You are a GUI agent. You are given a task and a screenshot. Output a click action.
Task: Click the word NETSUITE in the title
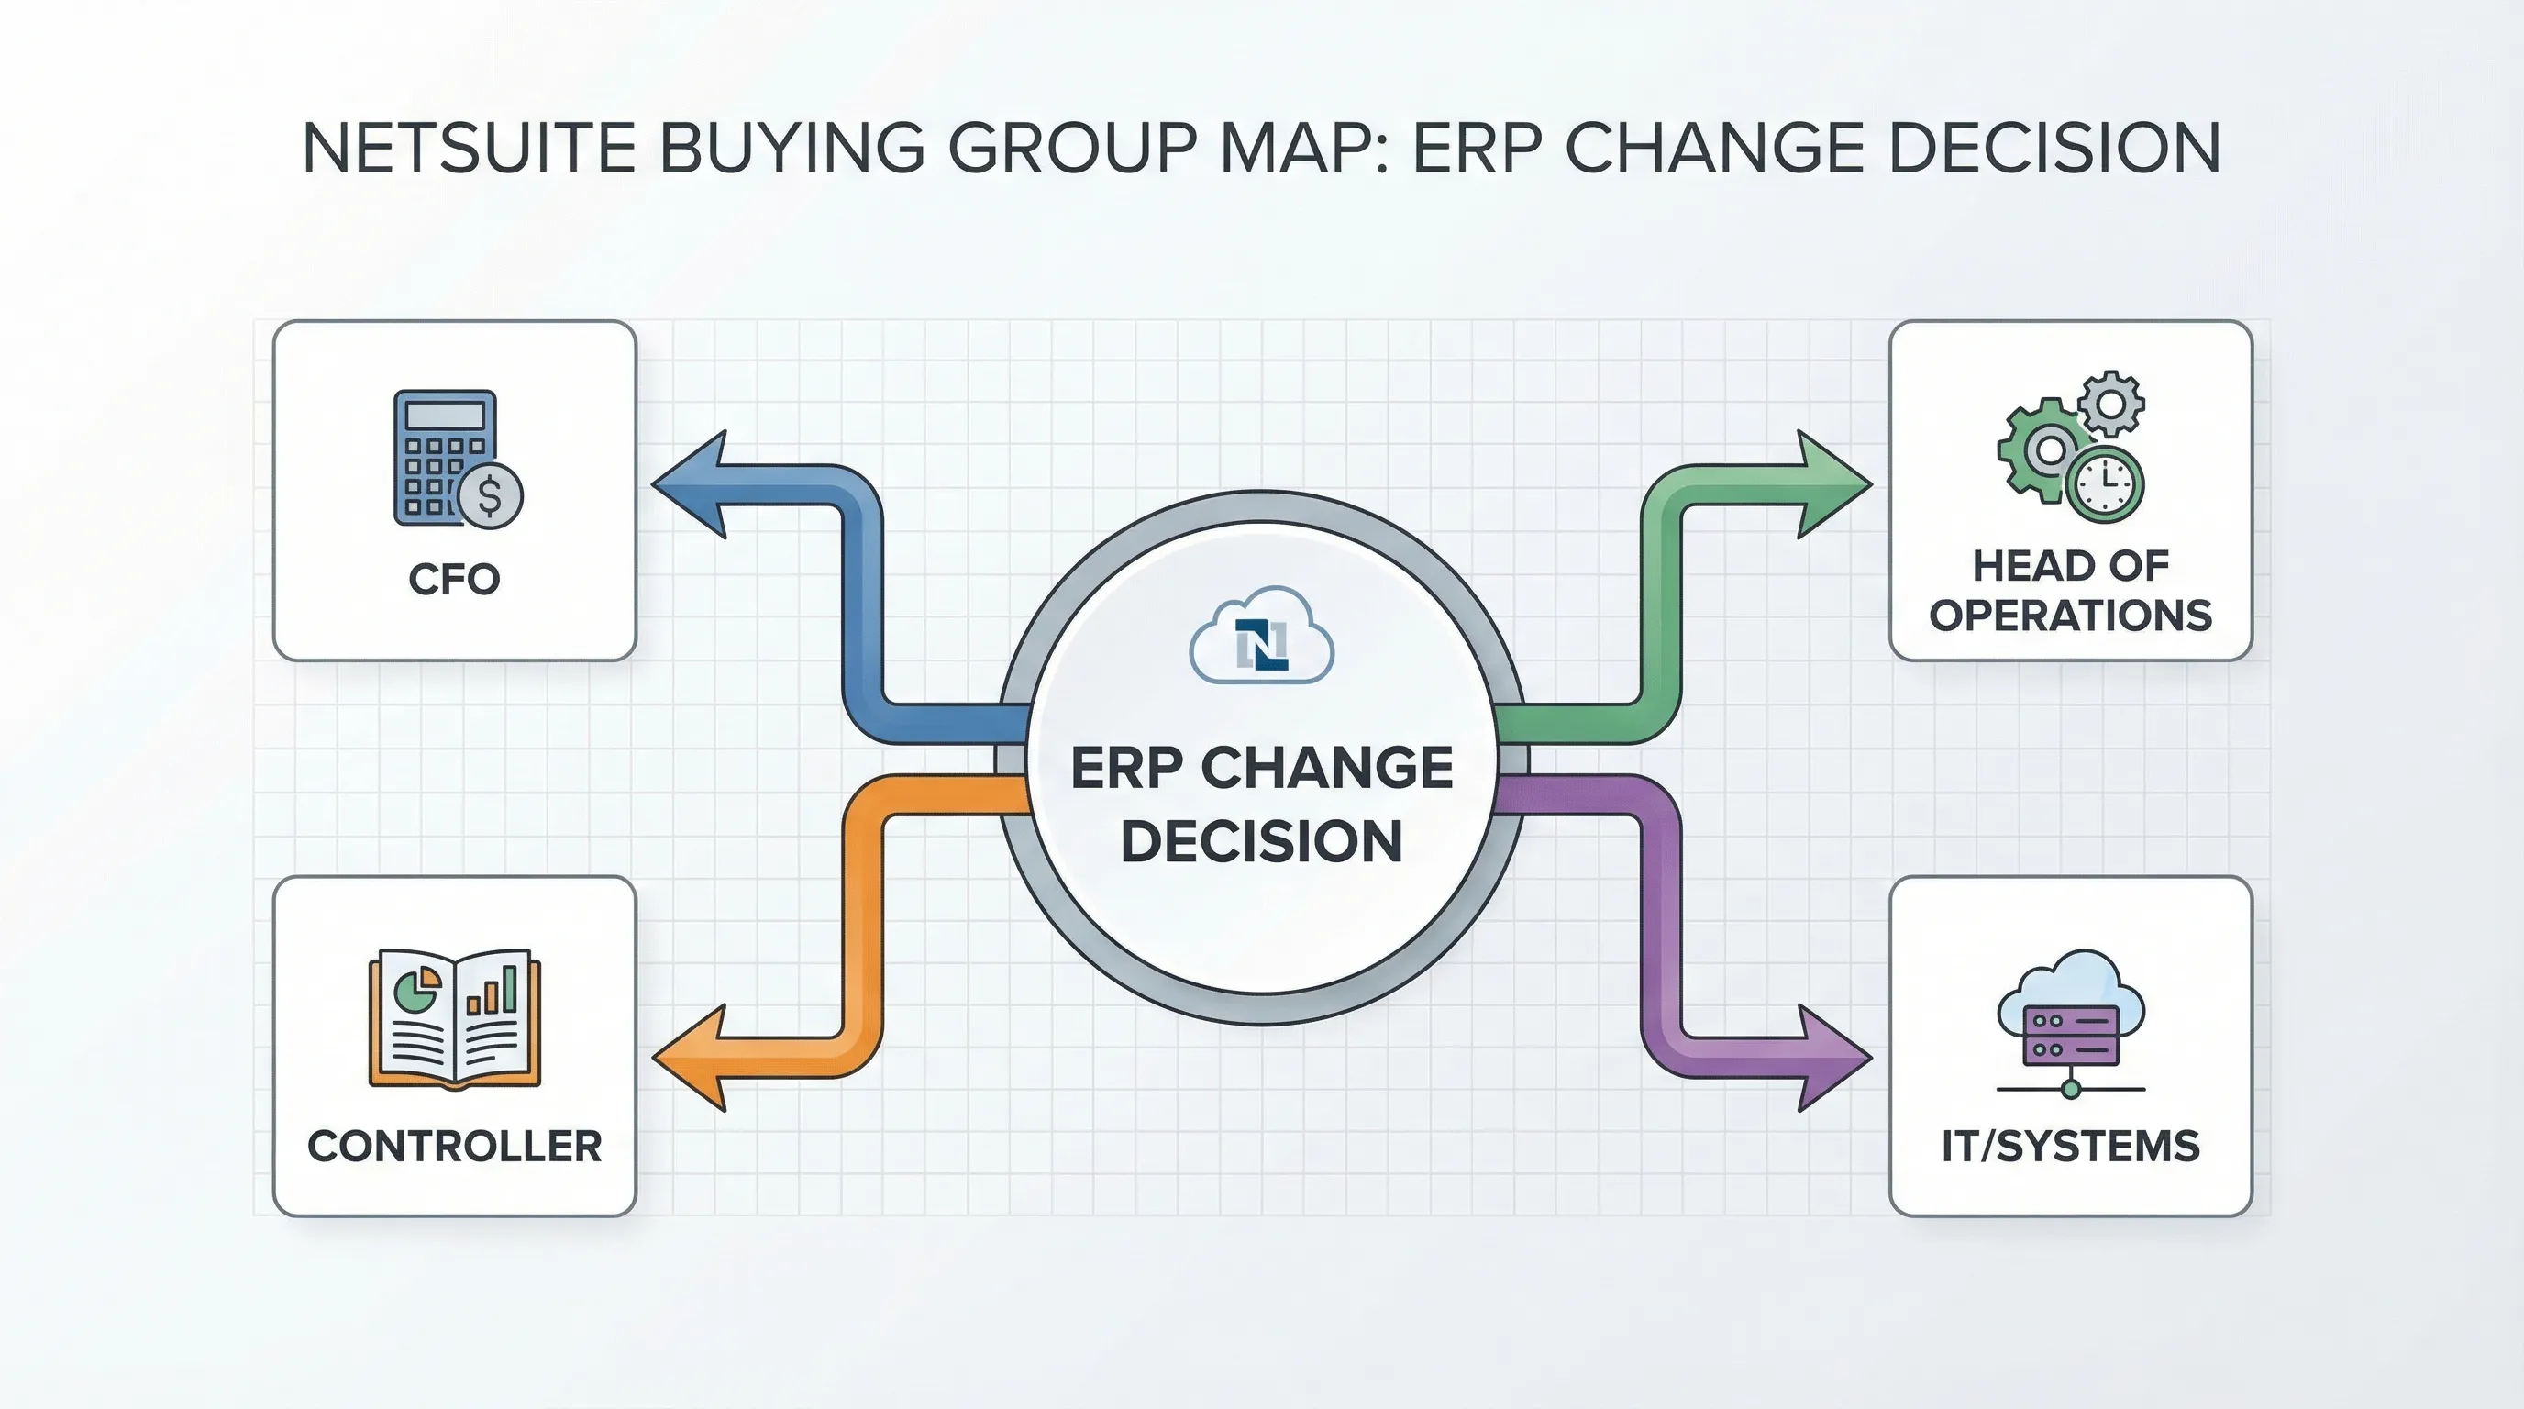[469, 149]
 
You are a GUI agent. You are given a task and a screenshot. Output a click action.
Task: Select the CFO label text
[454, 579]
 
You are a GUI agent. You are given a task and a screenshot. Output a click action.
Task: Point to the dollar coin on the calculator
[490, 495]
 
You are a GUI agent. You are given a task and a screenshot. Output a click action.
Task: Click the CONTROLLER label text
[454, 1146]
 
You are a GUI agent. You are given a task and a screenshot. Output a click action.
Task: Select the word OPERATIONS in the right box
[2069, 616]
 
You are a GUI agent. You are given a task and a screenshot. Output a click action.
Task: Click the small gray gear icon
[2111, 403]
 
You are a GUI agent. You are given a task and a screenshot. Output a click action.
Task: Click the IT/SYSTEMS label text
[2070, 1146]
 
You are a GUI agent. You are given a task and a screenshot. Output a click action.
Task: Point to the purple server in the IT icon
[2070, 1035]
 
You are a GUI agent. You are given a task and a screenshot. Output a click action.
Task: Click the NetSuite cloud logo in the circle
[1261, 638]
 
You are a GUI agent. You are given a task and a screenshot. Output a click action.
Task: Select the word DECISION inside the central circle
[1261, 840]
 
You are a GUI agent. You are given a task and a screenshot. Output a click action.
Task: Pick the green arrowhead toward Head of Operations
[1832, 484]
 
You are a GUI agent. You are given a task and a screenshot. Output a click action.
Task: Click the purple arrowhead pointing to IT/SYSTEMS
[1832, 1059]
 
